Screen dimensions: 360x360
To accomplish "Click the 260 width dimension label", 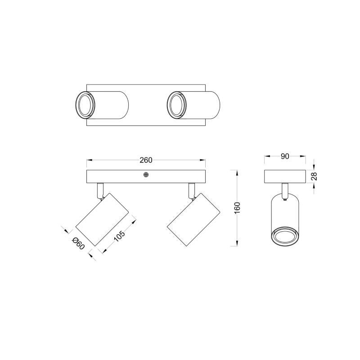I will (146, 160).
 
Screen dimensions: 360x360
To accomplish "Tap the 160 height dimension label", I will (238, 208).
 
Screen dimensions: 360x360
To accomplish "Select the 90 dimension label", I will (284, 156).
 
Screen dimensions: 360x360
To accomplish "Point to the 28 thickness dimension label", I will (315, 176).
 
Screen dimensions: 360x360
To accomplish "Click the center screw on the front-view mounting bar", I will (145, 175).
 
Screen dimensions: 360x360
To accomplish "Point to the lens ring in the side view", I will (284, 235).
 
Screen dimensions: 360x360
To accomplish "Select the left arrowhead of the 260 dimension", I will (89, 160).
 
